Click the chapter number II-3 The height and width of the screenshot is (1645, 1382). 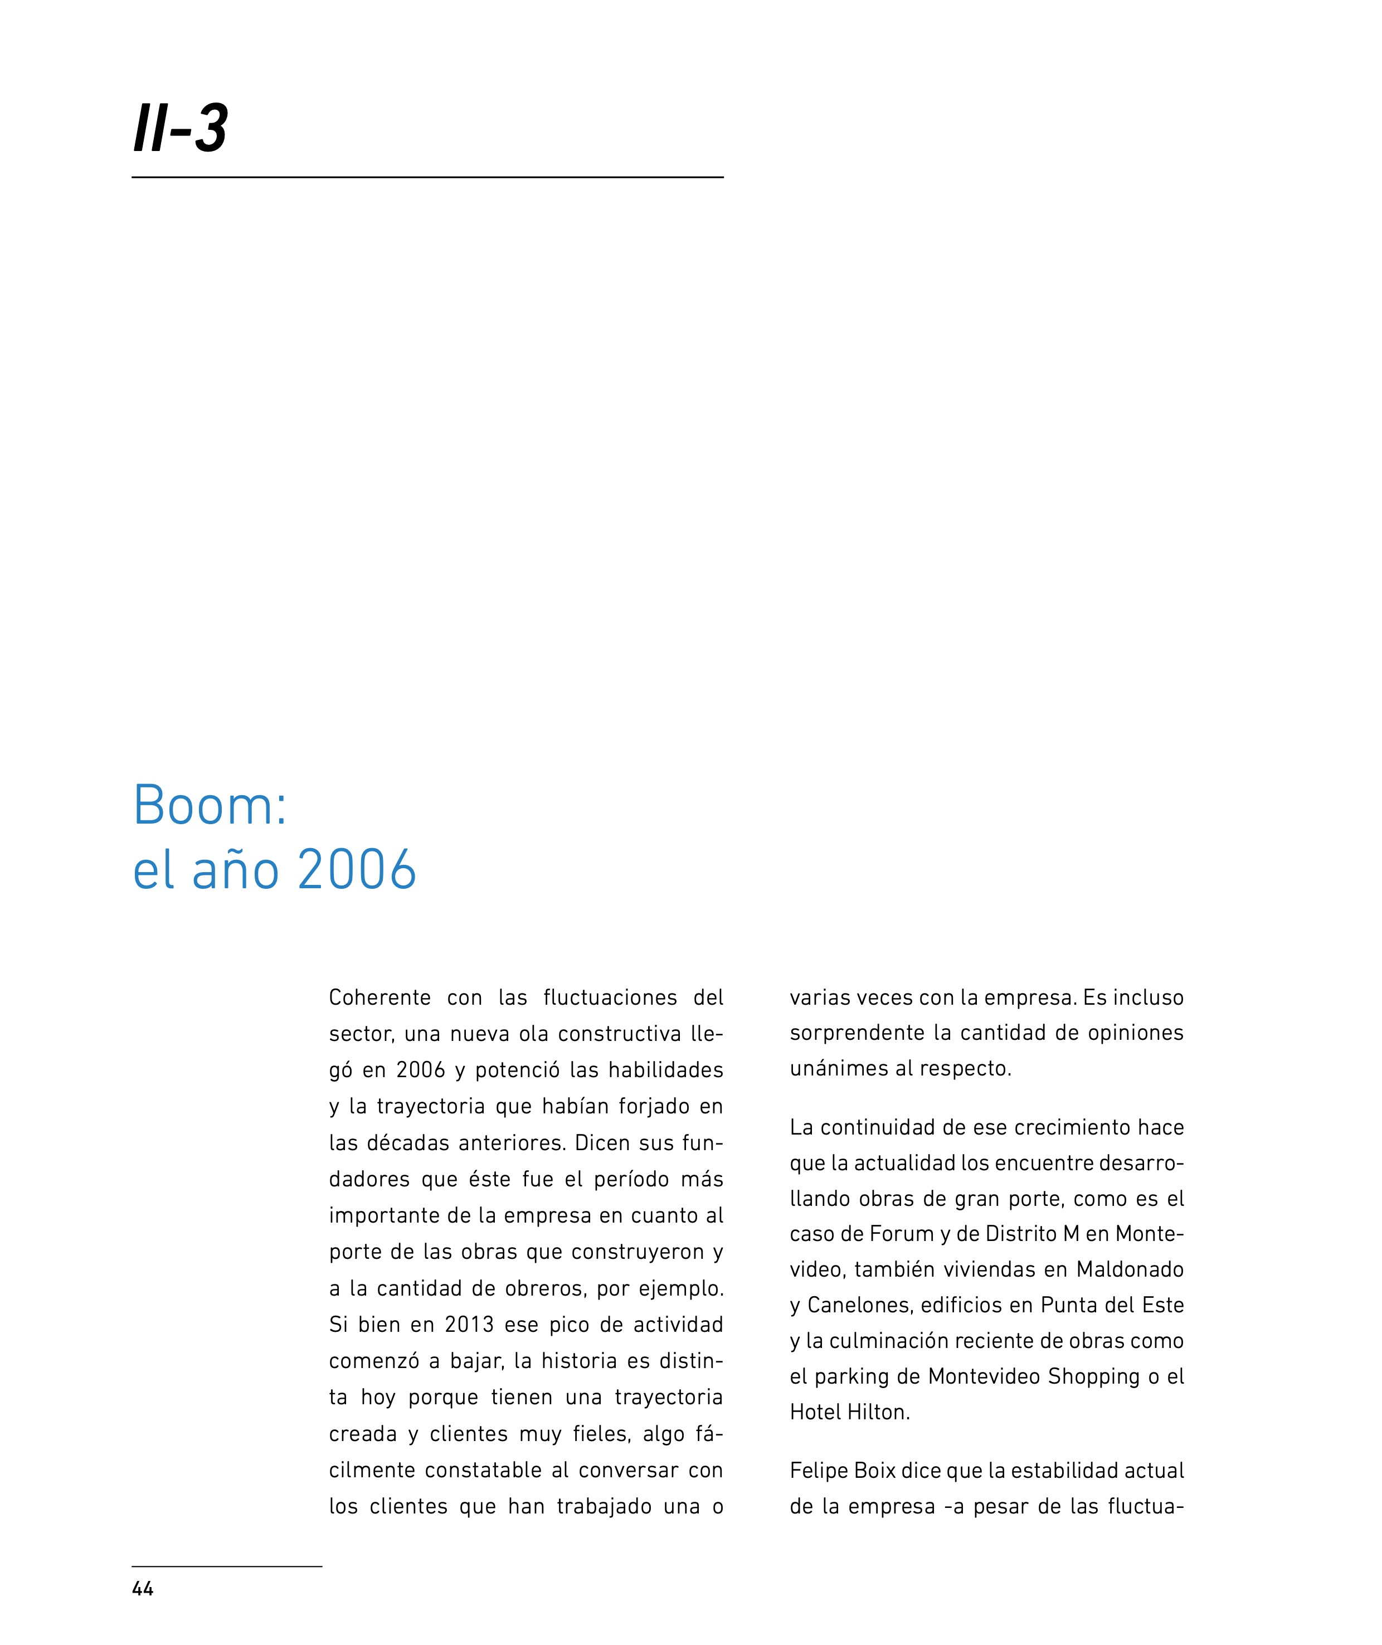tap(180, 128)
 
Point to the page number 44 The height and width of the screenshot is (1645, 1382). tap(143, 1589)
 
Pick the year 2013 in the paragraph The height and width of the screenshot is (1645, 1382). tap(469, 1324)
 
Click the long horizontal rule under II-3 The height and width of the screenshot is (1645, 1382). tap(427, 178)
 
